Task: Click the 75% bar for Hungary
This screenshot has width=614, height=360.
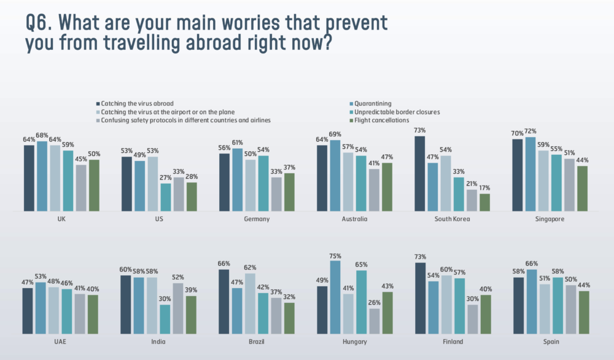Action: (335, 298)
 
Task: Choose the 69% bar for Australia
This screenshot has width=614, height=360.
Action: (335, 176)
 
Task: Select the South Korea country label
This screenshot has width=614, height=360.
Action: (453, 219)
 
